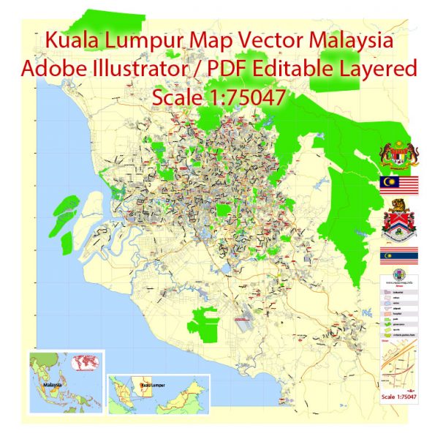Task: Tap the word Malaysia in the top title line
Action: click(350, 42)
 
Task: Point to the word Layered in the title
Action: click(380, 69)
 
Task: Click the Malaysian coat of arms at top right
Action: click(399, 154)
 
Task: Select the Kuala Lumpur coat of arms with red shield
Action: click(399, 222)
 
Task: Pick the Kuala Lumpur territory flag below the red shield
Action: click(399, 256)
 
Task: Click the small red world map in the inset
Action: click(87, 363)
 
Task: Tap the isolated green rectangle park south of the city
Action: click(205, 322)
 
